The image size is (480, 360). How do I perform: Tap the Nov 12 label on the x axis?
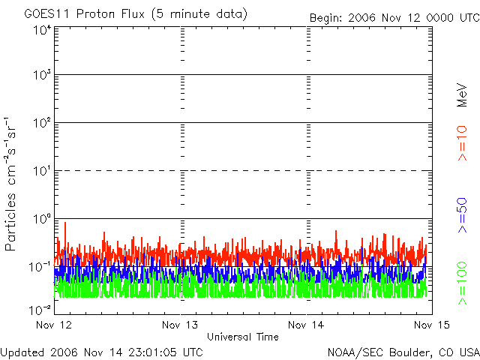[55, 325]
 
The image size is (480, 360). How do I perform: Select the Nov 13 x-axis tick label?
[180, 325]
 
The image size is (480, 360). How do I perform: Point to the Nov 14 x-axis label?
[306, 325]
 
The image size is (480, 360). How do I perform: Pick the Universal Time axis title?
[243, 337]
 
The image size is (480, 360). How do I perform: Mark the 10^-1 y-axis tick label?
[41, 266]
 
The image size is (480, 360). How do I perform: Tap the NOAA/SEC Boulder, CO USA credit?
[403, 351]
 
